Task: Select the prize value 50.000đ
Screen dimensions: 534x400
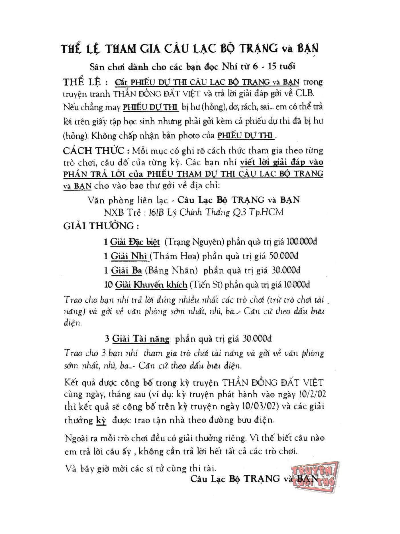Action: [283, 256]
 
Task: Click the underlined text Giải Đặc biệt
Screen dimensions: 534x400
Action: [135, 242]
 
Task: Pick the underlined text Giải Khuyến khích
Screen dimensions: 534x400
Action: [151, 284]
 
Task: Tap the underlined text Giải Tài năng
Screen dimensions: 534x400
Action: [141, 339]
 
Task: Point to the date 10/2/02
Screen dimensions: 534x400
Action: [312, 394]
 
